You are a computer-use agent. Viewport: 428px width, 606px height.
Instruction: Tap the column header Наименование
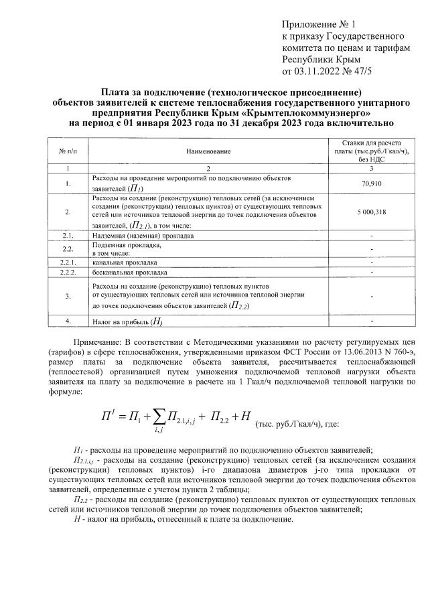pyautogui.click(x=208, y=152)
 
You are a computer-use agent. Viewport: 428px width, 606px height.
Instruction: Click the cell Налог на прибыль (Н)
pyautogui.click(x=127, y=321)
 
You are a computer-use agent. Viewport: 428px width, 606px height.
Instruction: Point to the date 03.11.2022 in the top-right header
pyautogui.click(x=320, y=70)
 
